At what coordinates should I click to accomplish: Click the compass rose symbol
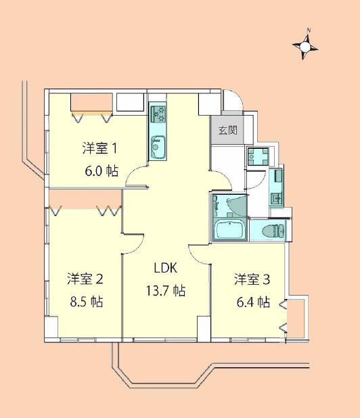[305, 46]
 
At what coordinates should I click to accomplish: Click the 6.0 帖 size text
[102, 171]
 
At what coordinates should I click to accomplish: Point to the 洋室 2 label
[85, 279]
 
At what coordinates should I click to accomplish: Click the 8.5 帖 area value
[87, 302]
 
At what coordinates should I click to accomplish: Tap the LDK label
[166, 269]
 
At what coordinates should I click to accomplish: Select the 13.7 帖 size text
[166, 292]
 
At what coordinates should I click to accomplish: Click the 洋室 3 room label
[252, 279]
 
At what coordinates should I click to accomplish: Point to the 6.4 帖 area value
[254, 302]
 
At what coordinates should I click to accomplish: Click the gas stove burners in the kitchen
[158, 113]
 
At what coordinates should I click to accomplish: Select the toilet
[273, 231]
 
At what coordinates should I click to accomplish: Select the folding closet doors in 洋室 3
[284, 318]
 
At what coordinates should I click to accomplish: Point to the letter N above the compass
[308, 30]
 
